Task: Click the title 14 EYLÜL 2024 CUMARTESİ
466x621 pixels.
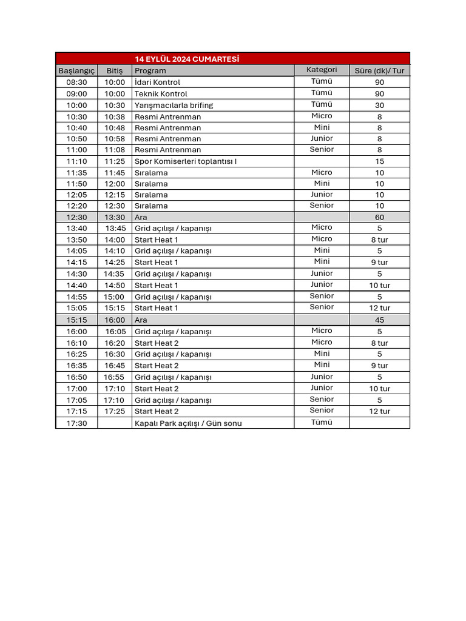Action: tap(187, 59)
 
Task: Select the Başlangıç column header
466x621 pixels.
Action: tap(76, 70)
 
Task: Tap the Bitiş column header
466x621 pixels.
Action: tap(114, 70)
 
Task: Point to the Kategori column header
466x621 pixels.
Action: tap(322, 70)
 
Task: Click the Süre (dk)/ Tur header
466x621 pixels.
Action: tap(379, 70)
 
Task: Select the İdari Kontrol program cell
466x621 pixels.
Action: tap(157, 82)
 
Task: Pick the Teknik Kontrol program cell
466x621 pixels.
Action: tap(161, 93)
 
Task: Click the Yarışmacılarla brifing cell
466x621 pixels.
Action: tap(174, 105)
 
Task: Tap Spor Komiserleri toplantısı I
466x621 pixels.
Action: tap(186, 161)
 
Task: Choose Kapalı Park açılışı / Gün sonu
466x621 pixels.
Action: tap(188, 423)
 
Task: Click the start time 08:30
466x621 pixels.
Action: tap(76, 82)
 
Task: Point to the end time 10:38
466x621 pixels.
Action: tap(114, 116)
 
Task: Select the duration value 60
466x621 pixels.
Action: tap(379, 217)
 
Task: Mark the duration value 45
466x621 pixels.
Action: tap(379, 320)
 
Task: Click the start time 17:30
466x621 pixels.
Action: tap(76, 423)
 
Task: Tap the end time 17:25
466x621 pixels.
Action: tap(114, 411)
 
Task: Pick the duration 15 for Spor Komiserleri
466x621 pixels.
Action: tap(379, 161)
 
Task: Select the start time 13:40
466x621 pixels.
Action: tap(76, 228)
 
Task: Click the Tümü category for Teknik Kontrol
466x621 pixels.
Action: tap(322, 93)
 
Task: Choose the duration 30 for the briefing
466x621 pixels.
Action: tap(379, 105)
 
